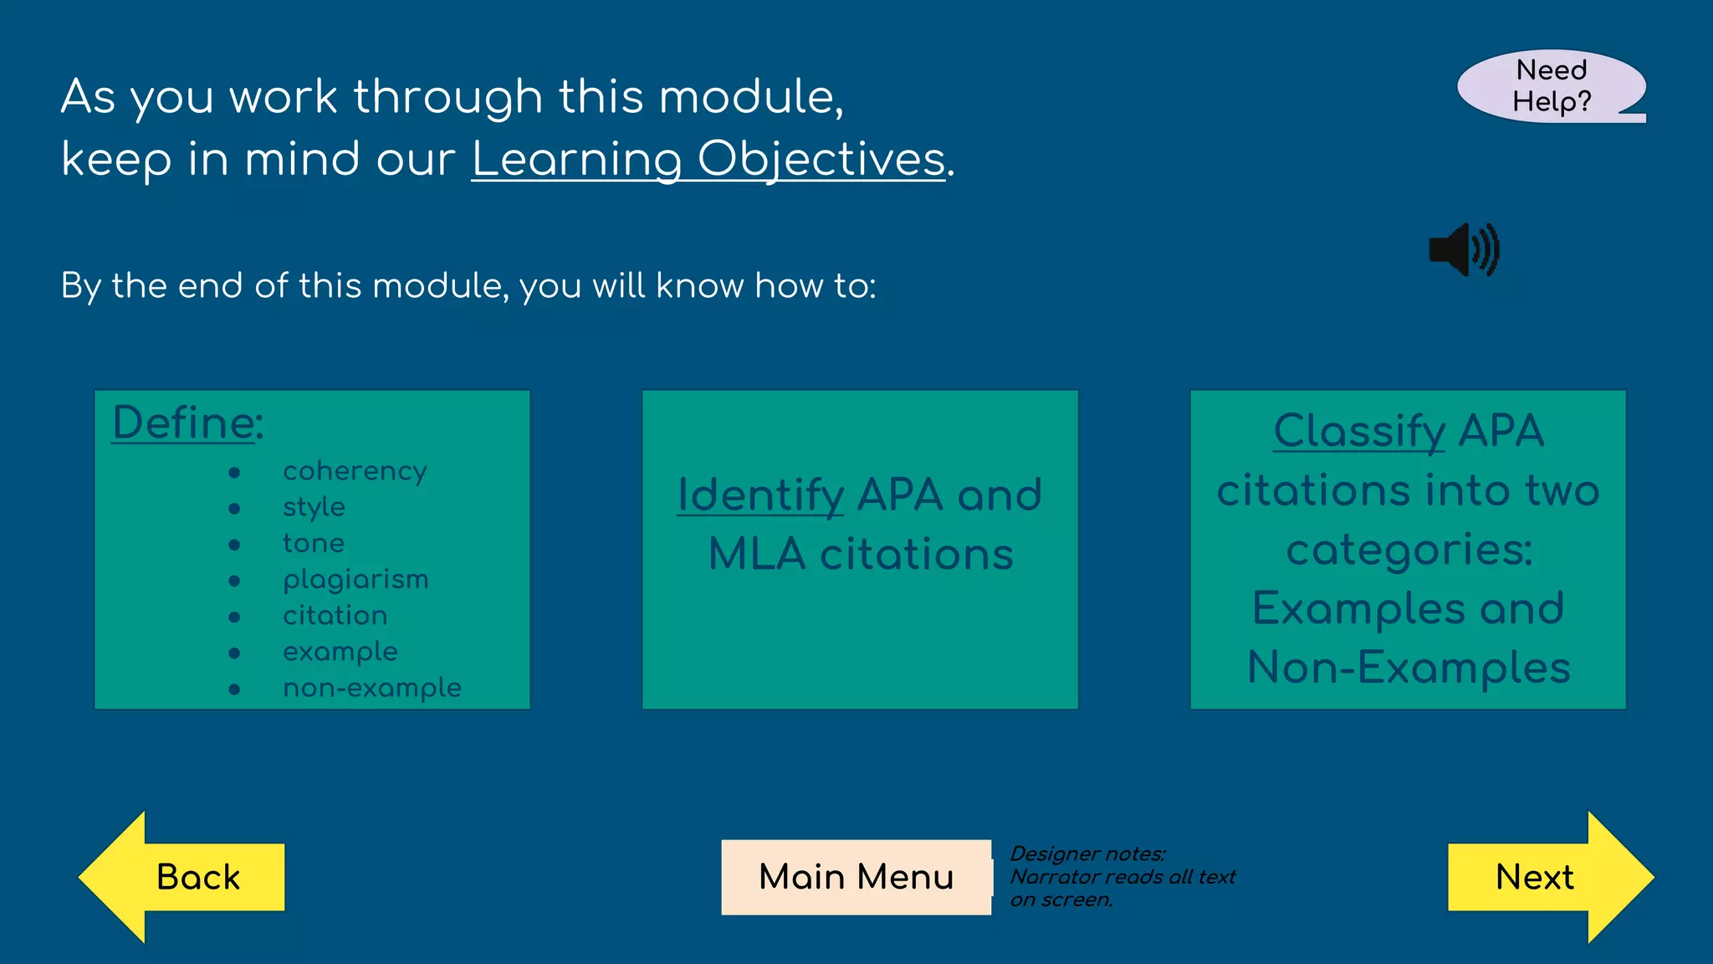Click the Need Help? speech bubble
pos(1551,86)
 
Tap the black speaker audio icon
pos(1464,249)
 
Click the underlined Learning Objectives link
pos(708,159)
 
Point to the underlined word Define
pos(183,423)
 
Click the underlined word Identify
pos(760,495)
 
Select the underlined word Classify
pos(1359,431)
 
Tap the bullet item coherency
pos(355,471)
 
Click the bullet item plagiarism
pos(355,579)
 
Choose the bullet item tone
pos(314,543)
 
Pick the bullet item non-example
pos(372,688)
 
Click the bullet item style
pos(314,507)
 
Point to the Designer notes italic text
pos(1122,876)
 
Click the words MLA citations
pos(861,554)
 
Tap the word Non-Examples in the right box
pos(1409,668)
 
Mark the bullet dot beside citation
pos(234,617)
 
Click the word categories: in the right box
pos(1409,550)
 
